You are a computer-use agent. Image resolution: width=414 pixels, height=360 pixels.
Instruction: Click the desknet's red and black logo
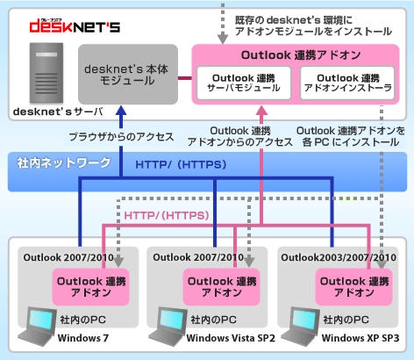coord(75,25)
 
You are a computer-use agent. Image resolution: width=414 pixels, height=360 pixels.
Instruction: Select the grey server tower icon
coord(46,73)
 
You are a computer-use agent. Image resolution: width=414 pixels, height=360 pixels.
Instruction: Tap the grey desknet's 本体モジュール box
coord(128,75)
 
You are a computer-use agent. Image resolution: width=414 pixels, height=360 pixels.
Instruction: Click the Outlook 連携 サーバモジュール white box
coord(244,83)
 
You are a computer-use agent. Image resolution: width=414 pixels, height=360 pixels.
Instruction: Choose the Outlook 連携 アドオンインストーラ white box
coord(347,83)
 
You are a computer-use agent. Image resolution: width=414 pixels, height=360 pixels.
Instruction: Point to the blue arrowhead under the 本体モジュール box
coord(121,111)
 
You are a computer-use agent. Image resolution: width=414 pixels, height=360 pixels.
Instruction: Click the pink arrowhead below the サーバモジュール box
coord(261,111)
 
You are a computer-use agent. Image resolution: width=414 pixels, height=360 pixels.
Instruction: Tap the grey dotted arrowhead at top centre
coord(223,39)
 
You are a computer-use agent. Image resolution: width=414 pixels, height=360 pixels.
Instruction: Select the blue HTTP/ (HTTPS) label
coord(181,164)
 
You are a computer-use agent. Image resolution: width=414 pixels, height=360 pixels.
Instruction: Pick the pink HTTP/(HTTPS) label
coord(167,216)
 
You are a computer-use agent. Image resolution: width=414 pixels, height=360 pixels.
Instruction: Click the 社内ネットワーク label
coord(64,163)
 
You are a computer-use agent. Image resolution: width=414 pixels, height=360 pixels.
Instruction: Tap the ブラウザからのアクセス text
coord(121,137)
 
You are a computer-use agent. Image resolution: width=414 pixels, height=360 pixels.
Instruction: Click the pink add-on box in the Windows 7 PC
coord(90,287)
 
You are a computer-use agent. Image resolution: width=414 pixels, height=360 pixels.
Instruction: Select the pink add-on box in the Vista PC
coord(221,287)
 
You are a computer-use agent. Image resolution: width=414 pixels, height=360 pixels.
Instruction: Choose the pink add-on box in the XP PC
coord(353,287)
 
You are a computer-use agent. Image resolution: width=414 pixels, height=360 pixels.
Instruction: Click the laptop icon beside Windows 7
coord(38,326)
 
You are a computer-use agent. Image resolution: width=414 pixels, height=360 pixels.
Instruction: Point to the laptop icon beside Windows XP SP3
coord(301,326)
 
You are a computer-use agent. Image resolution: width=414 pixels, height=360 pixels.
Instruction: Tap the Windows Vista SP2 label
coord(231,338)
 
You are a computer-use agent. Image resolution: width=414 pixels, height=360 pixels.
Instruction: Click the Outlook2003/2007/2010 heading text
coord(339,257)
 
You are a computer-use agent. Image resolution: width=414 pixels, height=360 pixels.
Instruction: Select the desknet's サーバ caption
coord(58,112)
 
